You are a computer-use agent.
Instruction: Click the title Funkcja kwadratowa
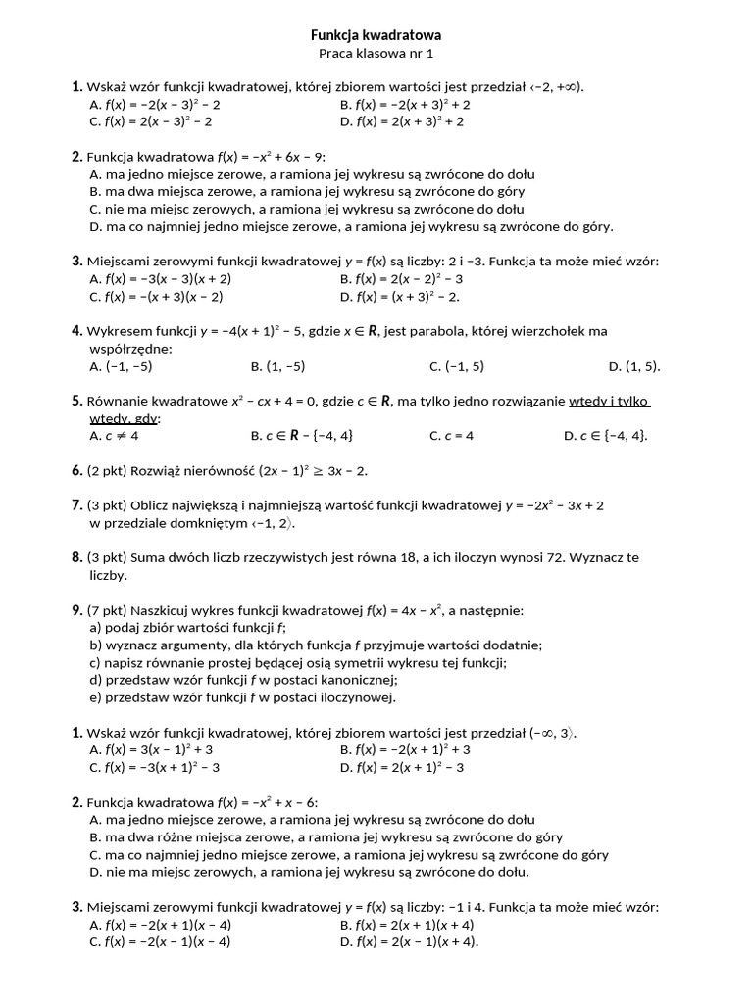[376, 34]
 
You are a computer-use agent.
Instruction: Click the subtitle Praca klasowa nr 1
[376, 53]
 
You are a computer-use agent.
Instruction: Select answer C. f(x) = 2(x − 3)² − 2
[151, 121]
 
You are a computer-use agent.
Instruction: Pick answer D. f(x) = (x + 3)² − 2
[400, 296]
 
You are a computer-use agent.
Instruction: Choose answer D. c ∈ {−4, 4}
[605, 435]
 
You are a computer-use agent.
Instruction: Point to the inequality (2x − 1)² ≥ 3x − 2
[295, 471]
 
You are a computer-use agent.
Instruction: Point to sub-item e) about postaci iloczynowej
[242, 697]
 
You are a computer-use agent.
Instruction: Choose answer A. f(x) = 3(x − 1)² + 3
[151, 749]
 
